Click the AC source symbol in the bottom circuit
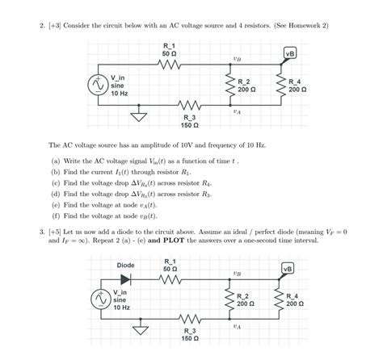coord(103,299)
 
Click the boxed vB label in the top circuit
coord(289,53)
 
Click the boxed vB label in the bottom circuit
coord(288,268)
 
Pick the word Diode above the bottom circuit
coord(126,264)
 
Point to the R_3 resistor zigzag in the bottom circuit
coord(190,320)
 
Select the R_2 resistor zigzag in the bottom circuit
coord(229,299)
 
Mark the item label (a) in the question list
coord(55,161)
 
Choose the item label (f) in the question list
coord(55,216)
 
